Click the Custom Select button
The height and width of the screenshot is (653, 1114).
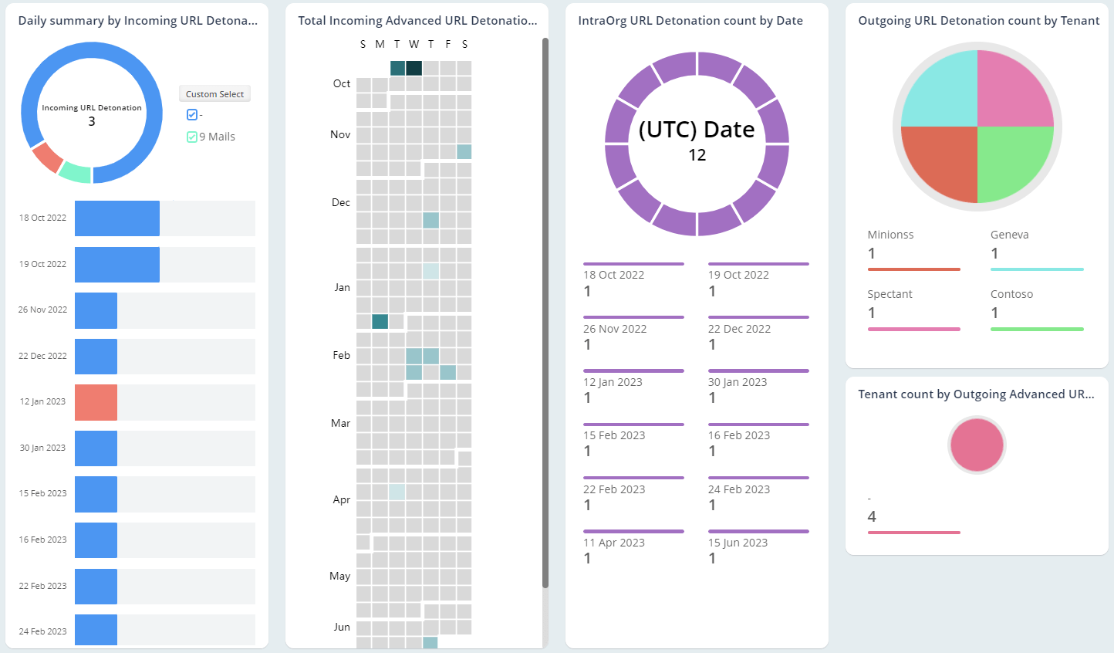point(214,94)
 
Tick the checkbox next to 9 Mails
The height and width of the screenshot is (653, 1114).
point(192,137)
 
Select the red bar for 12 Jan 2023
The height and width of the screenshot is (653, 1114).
point(96,402)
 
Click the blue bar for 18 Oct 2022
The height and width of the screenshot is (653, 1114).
point(116,218)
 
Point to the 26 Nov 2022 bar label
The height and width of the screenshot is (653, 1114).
point(42,310)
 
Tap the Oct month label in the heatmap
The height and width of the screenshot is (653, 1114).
point(341,83)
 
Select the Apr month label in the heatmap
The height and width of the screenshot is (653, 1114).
point(341,499)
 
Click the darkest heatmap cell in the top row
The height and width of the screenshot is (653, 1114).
point(414,68)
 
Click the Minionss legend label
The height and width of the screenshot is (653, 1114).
point(890,235)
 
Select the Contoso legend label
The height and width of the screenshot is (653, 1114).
point(1011,294)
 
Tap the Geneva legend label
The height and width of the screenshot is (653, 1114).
point(1009,235)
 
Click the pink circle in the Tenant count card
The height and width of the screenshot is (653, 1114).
point(977,445)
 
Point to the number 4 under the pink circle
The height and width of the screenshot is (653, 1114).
point(872,516)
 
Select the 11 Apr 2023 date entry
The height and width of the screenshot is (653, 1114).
point(613,543)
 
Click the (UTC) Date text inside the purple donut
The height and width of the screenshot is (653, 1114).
point(697,130)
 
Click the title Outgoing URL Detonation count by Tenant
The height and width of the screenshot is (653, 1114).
point(978,21)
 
